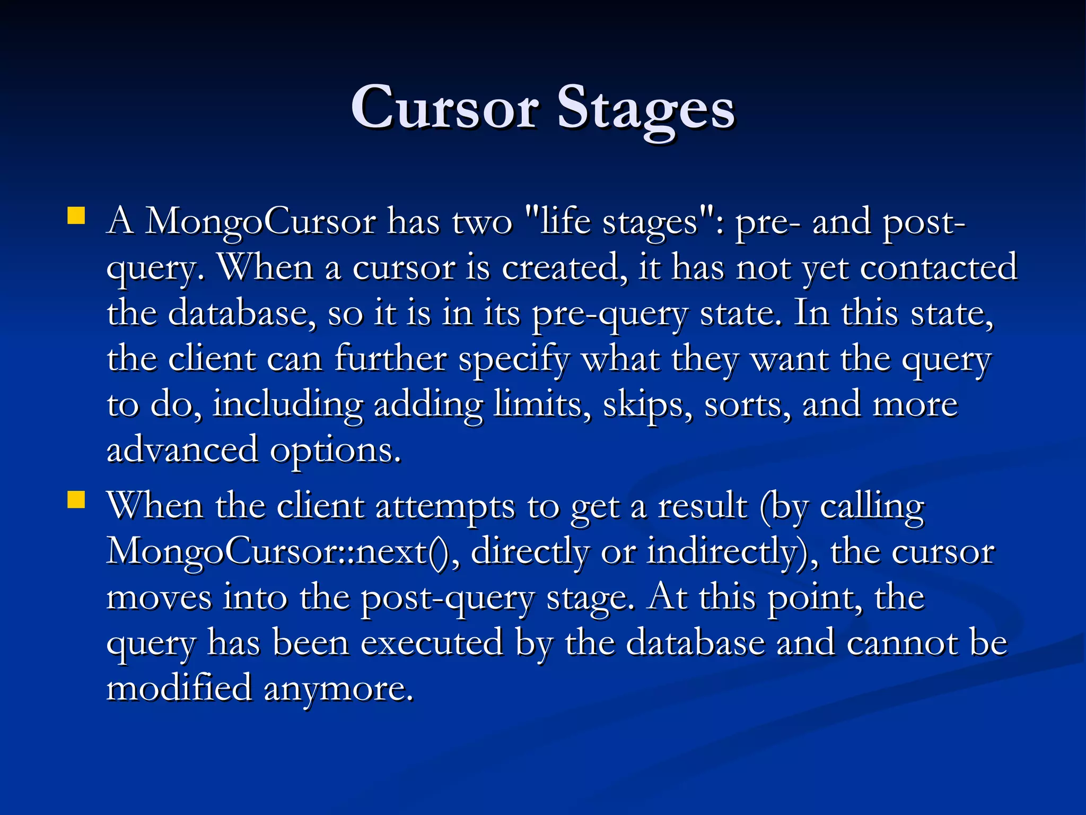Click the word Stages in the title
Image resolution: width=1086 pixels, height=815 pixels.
pyautogui.click(x=645, y=108)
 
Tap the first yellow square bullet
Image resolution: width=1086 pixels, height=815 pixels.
pyautogui.click(x=76, y=216)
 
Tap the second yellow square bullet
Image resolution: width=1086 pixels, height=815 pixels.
pyautogui.click(x=76, y=500)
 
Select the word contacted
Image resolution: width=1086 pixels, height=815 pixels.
pyautogui.click(x=938, y=267)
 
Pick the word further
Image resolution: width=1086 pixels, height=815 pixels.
pyautogui.click(x=390, y=359)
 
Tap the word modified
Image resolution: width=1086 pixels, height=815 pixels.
pyautogui.click(x=179, y=688)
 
